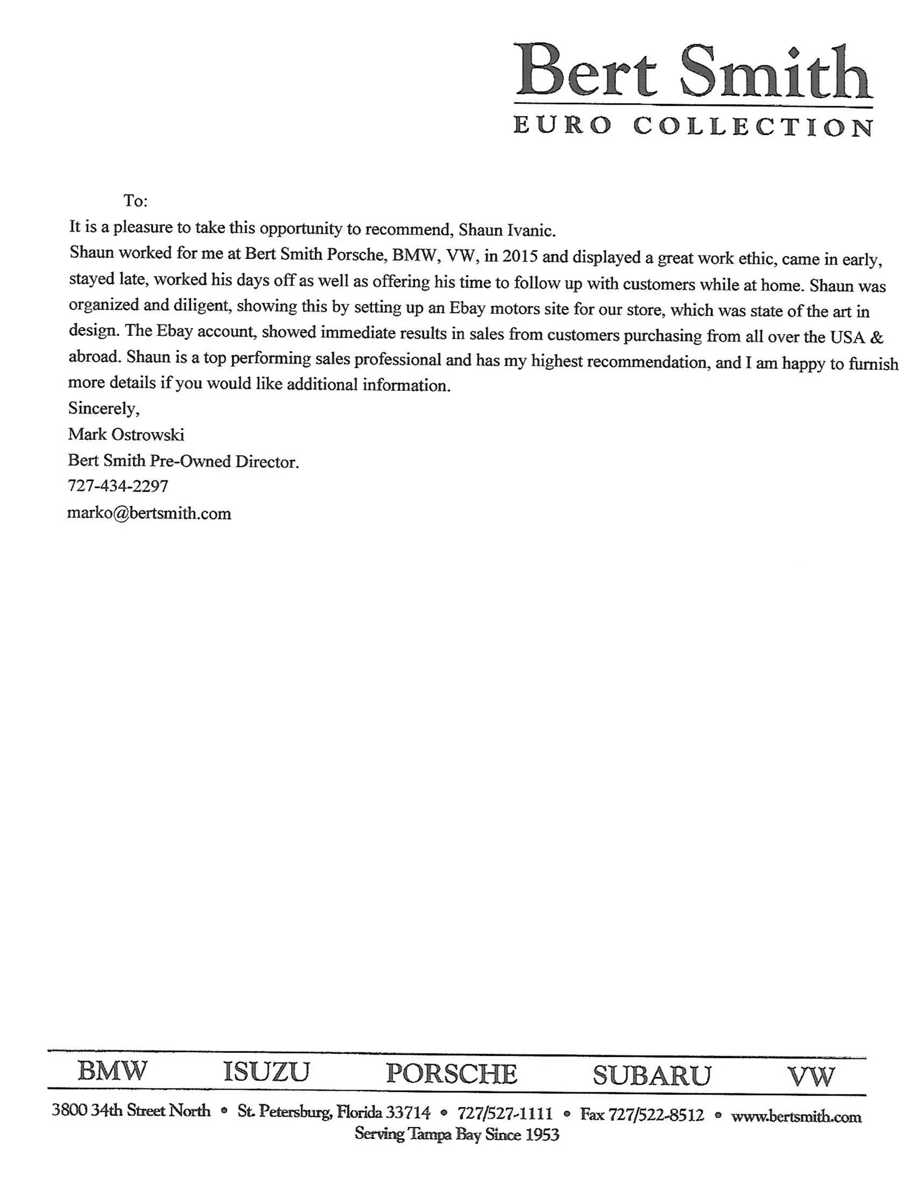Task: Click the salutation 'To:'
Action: pyautogui.click(x=135, y=201)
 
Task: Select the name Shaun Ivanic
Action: pyautogui.click(x=507, y=231)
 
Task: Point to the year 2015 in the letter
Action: pyautogui.click(x=519, y=256)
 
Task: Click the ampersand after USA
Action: pyautogui.click(x=876, y=337)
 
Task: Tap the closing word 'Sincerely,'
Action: pyautogui.click(x=104, y=408)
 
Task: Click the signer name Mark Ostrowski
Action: pyautogui.click(x=126, y=434)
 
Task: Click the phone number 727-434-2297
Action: pyautogui.click(x=118, y=486)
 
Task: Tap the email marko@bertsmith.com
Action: pyautogui.click(x=149, y=513)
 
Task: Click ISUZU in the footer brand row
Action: pyautogui.click(x=266, y=1072)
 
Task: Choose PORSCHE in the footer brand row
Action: pyautogui.click(x=452, y=1073)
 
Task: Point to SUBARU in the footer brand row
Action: pyautogui.click(x=651, y=1075)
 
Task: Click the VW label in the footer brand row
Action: pyautogui.click(x=811, y=1077)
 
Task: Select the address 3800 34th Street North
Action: pyautogui.click(x=131, y=1111)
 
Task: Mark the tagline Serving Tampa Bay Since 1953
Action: pyautogui.click(x=457, y=1134)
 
